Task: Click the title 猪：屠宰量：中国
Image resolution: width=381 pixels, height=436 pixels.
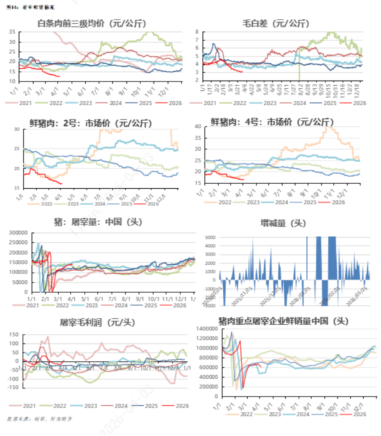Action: point(98,223)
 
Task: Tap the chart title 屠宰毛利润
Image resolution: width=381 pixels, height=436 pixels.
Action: point(97,322)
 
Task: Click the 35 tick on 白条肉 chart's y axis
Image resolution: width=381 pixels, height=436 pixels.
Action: point(12,32)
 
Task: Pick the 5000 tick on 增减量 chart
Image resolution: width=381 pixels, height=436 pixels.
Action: point(210,237)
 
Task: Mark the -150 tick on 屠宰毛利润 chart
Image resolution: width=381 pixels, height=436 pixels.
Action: point(14,387)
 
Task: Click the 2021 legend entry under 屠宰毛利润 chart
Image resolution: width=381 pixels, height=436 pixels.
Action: point(25,406)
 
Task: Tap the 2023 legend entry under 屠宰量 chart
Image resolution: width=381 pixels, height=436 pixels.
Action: point(87,305)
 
